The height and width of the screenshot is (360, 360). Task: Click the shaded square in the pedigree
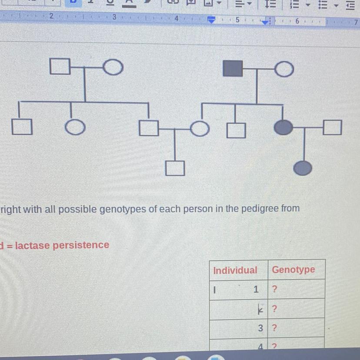(233, 68)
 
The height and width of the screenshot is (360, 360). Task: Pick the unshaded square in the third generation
(175, 168)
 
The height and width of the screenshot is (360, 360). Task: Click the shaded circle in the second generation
(283, 127)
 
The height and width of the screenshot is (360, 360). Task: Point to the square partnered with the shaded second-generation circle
(332, 127)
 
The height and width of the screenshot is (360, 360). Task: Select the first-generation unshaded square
(60, 67)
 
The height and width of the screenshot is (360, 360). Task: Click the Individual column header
(235, 270)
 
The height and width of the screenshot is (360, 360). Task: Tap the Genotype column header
(293, 270)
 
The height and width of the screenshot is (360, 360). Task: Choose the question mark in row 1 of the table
(274, 289)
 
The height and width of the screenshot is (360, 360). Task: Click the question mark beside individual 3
(274, 328)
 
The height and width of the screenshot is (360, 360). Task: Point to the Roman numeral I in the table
(215, 289)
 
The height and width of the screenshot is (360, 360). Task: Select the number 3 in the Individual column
(260, 328)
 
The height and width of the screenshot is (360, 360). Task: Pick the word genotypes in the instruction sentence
(121, 209)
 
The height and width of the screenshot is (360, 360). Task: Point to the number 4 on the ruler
(177, 19)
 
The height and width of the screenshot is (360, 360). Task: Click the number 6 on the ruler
(297, 20)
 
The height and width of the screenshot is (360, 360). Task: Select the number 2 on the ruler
(51, 16)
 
